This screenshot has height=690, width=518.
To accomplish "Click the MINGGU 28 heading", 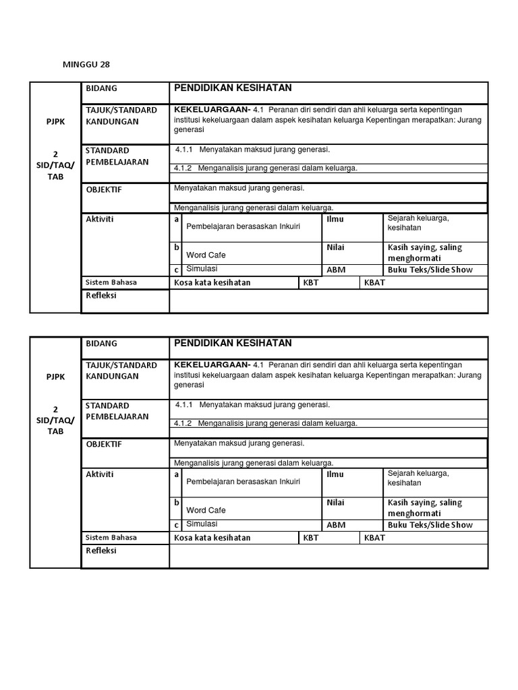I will [x=86, y=65].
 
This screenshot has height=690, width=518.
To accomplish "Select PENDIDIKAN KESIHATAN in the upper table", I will [x=233, y=88].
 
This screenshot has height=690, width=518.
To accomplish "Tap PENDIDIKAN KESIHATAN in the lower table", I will [x=233, y=344].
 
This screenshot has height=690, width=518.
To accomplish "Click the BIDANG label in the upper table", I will [x=101, y=88].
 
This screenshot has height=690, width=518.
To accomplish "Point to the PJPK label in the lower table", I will [x=55, y=377].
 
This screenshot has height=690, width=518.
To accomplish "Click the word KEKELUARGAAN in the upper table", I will [x=211, y=109].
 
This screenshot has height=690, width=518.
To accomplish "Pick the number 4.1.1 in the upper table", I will [x=184, y=150].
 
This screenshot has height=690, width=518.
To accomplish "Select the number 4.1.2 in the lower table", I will [x=183, y=423].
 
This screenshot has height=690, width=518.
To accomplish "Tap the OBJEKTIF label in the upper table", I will [x=104, y=189].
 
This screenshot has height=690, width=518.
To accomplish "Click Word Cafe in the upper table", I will [x=206, y=255].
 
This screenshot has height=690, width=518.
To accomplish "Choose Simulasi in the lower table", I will [x=202, y=524].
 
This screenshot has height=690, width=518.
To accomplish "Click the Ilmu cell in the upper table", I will [x=335, y=219].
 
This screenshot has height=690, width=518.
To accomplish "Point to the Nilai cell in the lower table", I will [x=336, y=503].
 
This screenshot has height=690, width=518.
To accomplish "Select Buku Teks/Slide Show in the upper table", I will [x=430, y=270].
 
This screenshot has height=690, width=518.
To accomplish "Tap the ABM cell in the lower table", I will [x=336, y=525].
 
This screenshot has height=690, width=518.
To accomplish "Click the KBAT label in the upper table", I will [x=374, y=282].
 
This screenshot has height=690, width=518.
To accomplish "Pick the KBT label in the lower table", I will [x=310, y=538].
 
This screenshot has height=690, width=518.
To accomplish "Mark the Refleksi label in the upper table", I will [x=101, y=296].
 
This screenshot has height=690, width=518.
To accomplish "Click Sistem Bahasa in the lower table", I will [x=111, y=537].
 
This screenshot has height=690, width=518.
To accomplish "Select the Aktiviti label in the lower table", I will [x=100, y=474].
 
